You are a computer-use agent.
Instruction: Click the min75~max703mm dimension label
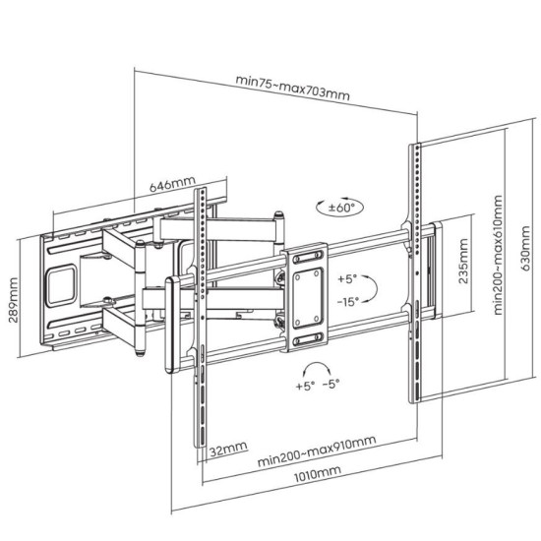click(x=292, y=88)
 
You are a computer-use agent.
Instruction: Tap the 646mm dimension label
click(x=172, y=184)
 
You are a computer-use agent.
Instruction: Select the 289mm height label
click(x=13, y=300)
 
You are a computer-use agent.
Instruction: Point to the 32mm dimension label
click(x=228, y=450)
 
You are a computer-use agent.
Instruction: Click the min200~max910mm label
click(x=317, y=451)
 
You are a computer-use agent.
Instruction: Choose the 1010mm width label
click(x=317, y=474)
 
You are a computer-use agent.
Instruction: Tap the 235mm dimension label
click(x=463, y=262)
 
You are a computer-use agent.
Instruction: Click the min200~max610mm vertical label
click(x=498, y=255)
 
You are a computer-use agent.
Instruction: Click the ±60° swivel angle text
click(x=341, y=208)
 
